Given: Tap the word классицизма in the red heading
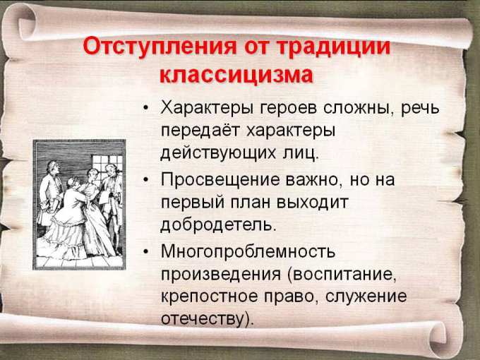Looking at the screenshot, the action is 236,75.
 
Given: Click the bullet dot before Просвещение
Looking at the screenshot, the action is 145,180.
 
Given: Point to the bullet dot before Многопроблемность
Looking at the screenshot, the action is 145,251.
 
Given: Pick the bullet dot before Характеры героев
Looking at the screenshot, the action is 145,108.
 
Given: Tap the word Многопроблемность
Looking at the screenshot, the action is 248,251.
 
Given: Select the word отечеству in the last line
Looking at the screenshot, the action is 203,318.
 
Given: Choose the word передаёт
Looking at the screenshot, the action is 200,131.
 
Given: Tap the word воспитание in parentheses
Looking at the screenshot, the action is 342,274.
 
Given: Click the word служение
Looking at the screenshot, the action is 366,296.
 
